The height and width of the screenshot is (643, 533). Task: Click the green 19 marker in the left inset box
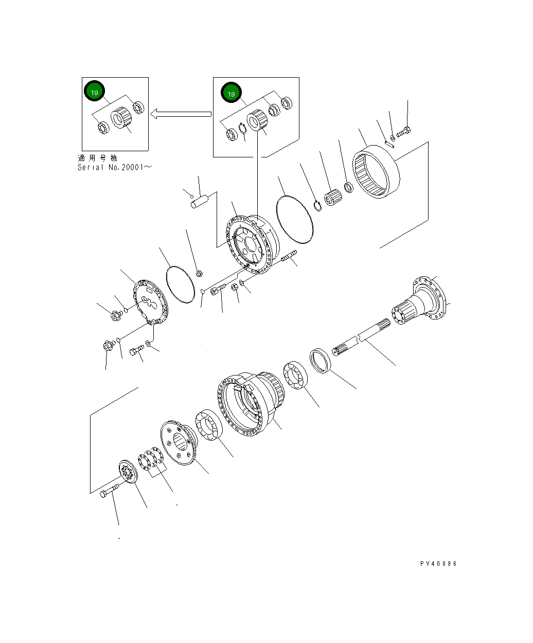click(x=94, y=92)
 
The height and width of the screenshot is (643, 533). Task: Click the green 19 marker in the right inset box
click(x=231, y=94)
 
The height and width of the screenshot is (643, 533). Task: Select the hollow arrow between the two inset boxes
click(x=181, y=114)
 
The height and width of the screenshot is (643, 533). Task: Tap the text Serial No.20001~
click(x=115, y=167)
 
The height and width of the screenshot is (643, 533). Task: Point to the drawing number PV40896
click(x=438, y=563)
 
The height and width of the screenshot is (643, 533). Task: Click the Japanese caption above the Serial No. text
click(x=97, y=158)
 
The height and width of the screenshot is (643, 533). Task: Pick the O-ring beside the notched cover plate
click(x=180, y=284)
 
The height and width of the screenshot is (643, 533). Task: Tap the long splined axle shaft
click(x=360, y=342)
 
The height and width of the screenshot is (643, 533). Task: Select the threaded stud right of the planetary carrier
click(x=289, y=256)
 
